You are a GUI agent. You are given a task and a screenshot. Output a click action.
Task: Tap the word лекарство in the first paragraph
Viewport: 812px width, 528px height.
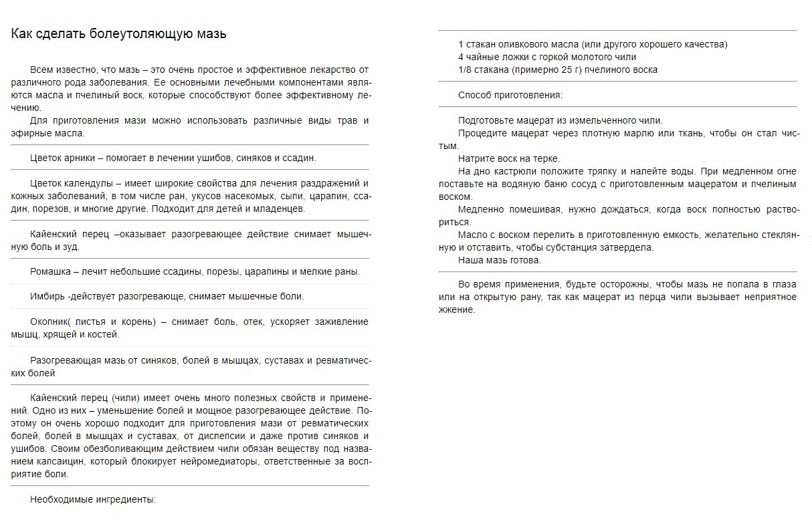pos(332,70)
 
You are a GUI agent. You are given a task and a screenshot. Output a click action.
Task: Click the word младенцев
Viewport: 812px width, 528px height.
pos(280,209)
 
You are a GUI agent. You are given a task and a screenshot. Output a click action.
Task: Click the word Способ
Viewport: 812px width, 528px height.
pos(476,95)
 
